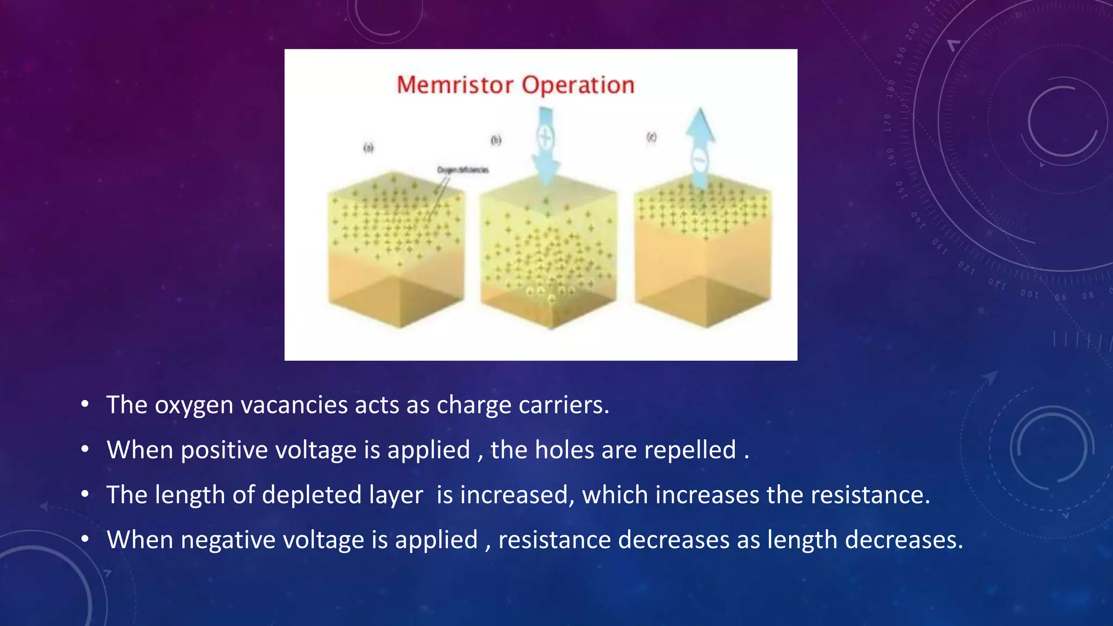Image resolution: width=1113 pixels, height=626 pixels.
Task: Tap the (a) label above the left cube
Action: [x=368, y=147]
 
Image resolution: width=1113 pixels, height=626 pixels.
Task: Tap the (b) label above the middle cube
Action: [x=496, y=140]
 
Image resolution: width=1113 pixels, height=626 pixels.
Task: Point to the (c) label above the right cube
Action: [x=651, y=137]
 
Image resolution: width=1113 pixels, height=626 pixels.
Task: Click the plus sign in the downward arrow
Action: [x=545, y=136]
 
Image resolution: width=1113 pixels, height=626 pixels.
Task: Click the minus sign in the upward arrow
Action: [x=699, y=159]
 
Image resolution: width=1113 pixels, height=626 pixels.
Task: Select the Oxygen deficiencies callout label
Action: [x=463, y=170]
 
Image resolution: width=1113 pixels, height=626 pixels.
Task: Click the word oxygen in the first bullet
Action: [x=194, y=405]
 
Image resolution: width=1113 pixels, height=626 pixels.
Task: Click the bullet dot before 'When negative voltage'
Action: [x=84, y=539]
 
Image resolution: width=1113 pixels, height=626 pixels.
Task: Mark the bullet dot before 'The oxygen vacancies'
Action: [x=84, y=404]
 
